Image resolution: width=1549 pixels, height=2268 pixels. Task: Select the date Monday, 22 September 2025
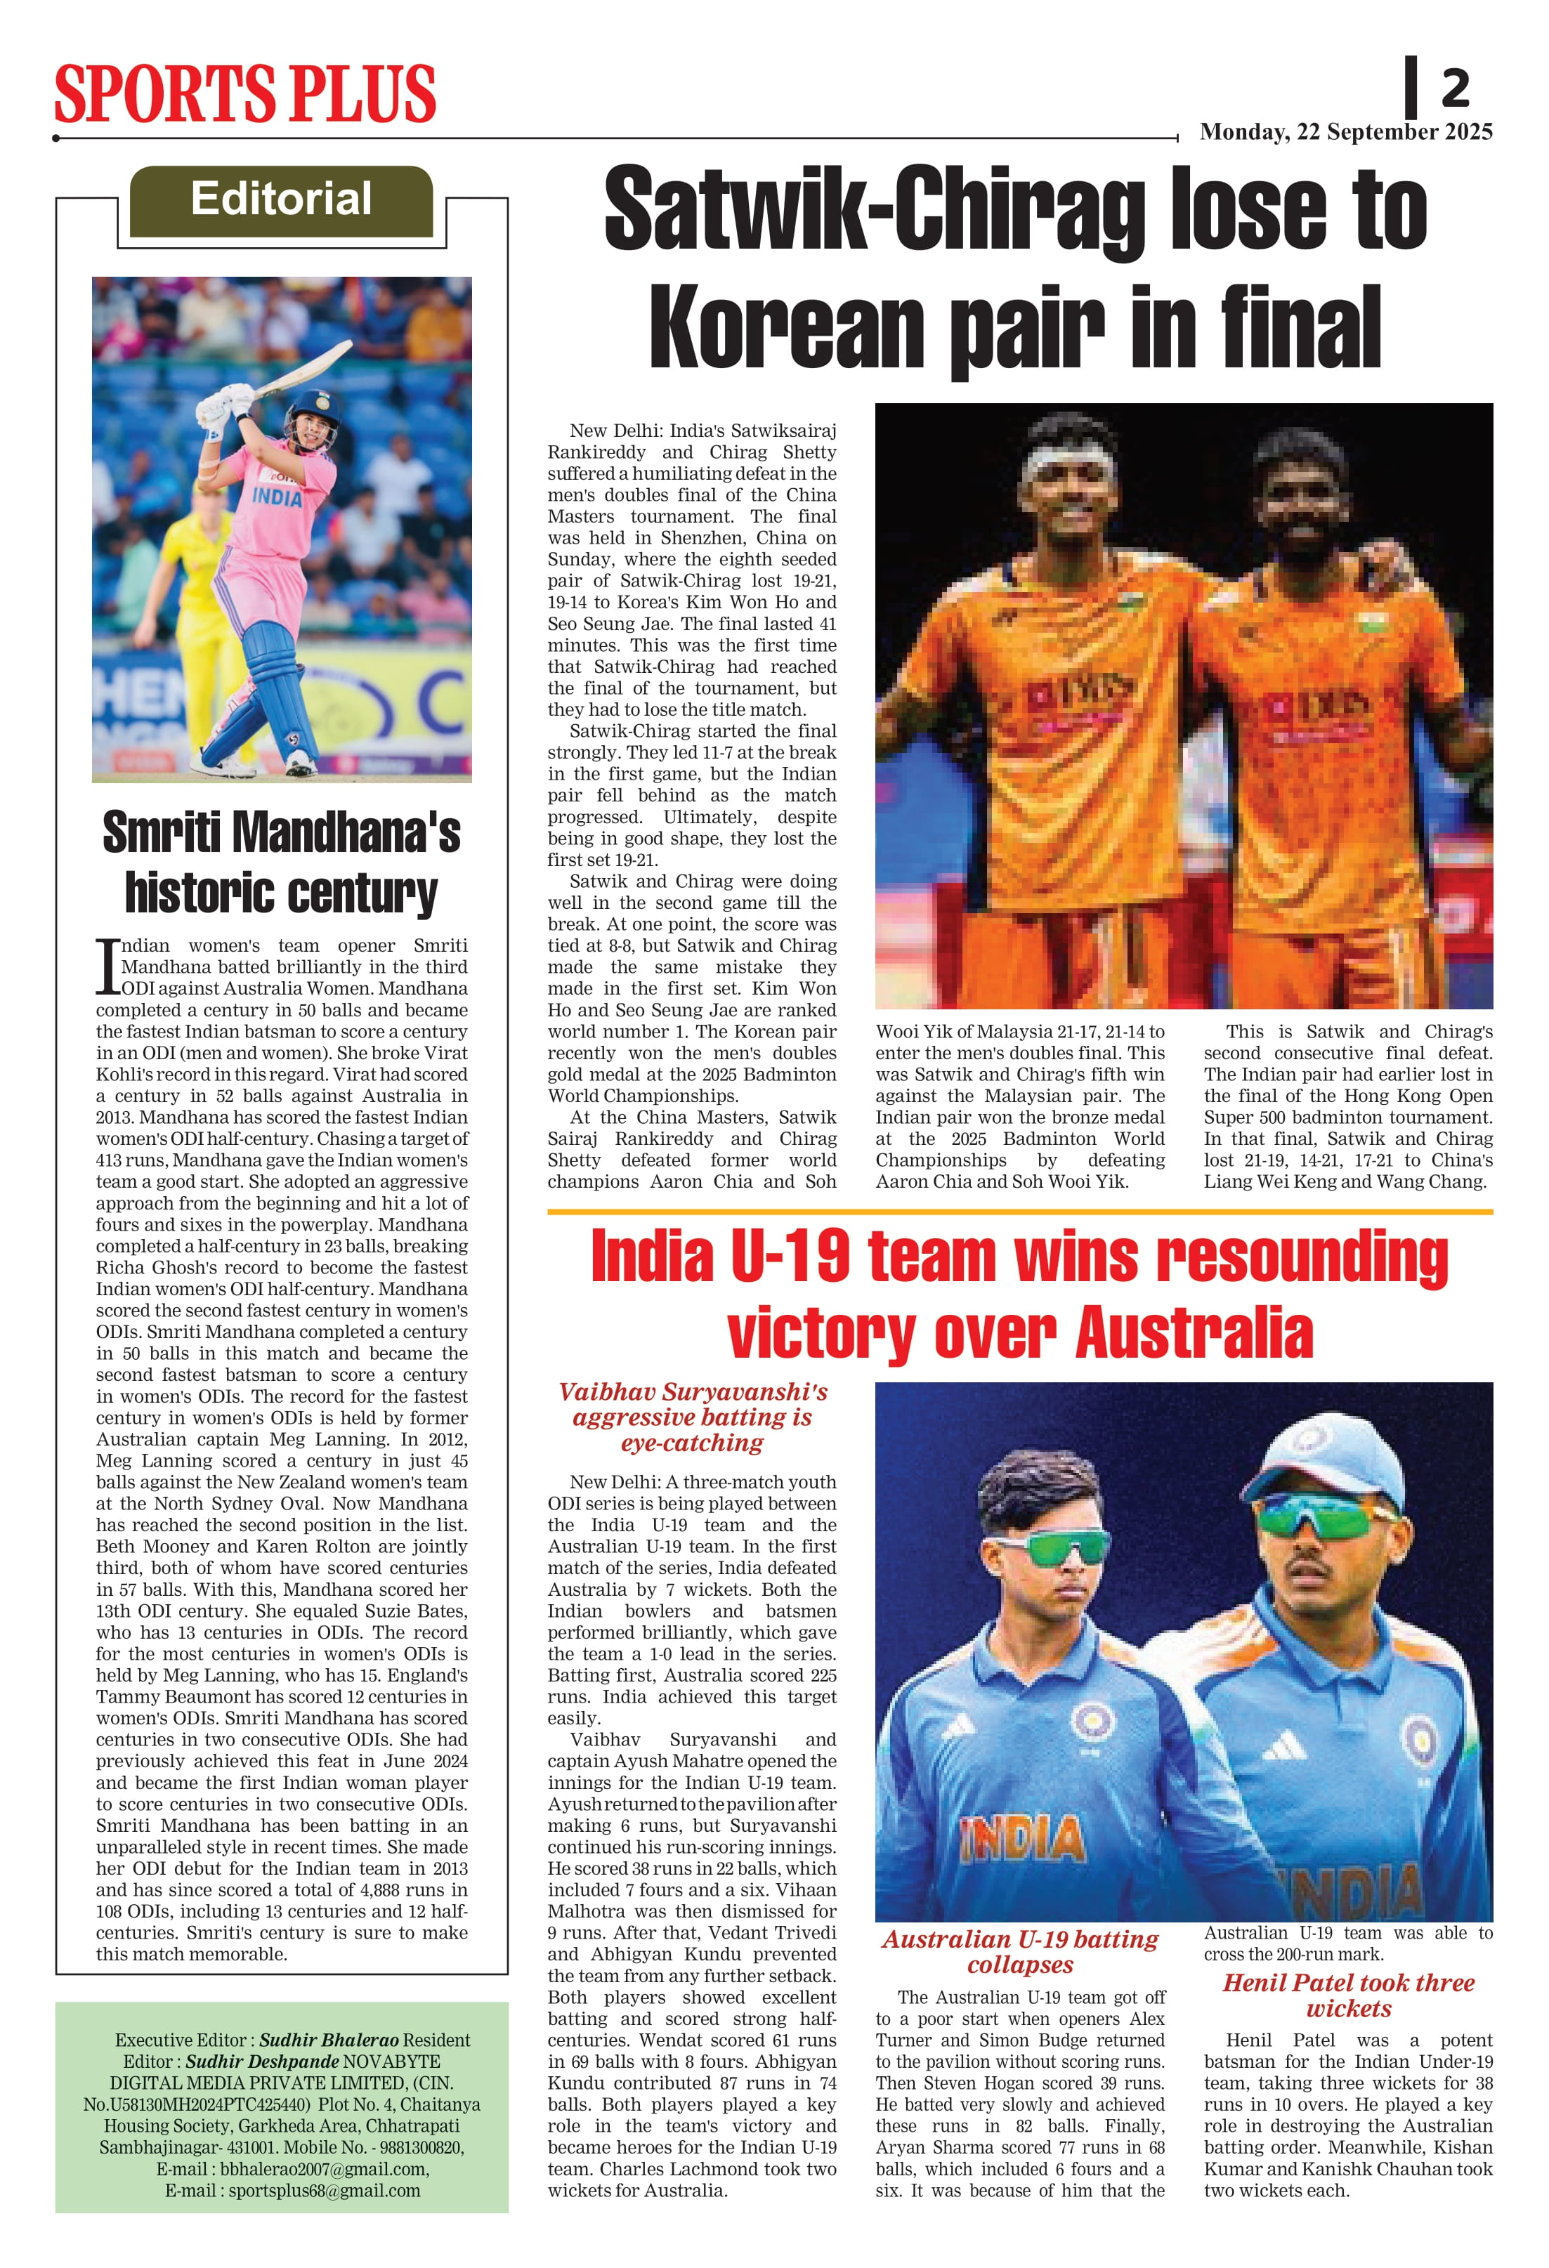tap(1345, 132)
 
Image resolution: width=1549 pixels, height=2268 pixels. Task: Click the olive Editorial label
tap(281, 200)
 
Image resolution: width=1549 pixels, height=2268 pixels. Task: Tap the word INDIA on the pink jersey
tap(277, 497)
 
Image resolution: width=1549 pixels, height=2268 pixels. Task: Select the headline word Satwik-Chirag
tap(874, 210)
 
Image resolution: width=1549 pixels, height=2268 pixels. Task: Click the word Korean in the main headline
tap(785, 327)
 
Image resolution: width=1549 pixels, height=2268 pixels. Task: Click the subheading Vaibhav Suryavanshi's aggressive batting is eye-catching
tap(692, 1417)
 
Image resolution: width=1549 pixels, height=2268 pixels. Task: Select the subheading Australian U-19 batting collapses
tap(1020, 1952)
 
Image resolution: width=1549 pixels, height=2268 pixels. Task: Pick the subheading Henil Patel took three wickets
tap(1348, 1995)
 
